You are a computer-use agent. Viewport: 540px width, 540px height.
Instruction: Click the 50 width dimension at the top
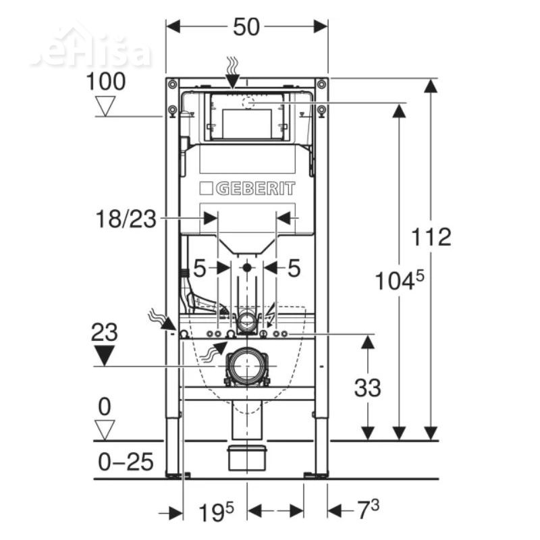[248, 27]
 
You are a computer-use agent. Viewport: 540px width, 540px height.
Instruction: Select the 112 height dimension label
[432, 237]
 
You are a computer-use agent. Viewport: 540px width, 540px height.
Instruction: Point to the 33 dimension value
[367, 387]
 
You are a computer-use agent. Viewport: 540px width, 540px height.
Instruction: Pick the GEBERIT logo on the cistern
[246, 188]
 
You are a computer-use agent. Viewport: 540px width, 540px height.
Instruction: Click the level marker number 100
[106, 82]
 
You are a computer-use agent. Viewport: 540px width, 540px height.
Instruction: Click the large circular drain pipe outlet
[248, 367]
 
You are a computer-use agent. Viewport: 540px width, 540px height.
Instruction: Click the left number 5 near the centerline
[200, 269]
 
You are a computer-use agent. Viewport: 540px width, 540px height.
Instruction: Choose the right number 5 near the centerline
[294, 269]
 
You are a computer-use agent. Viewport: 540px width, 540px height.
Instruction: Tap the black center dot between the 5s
[248, 268]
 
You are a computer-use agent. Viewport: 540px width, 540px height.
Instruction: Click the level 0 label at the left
[104, 407]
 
